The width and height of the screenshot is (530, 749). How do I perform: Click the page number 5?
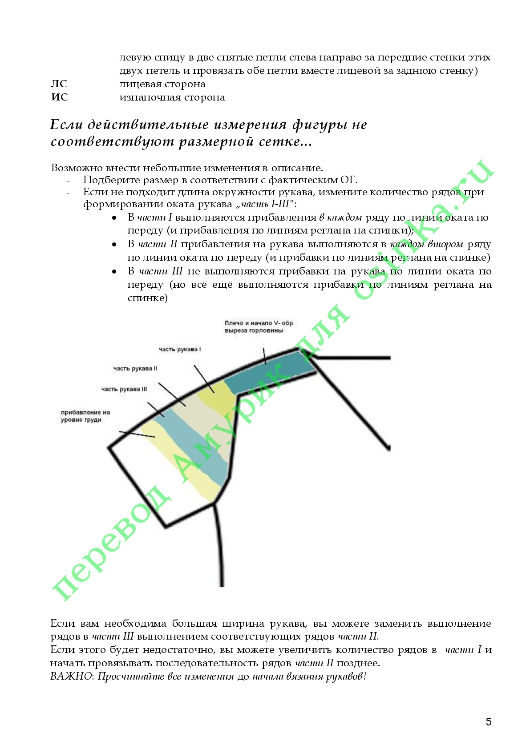tap(488, 721)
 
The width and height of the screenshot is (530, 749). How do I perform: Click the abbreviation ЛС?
tap(59, 84)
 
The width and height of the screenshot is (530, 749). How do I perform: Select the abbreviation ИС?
tap(60, 97)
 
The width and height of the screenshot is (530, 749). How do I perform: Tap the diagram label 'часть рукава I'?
tap(180, 349)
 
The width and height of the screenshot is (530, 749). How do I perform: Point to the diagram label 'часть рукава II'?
tap(135, 368)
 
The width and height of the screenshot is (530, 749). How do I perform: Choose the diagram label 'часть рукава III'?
tap(124, 389)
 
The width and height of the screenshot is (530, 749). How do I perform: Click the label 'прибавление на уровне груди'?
tap(85, 416)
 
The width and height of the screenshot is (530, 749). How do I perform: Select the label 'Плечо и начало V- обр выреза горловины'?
tap(259, 327)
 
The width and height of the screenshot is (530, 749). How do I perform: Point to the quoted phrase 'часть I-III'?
tap(266, 205)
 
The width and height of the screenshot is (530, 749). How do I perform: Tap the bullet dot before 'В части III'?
tap(114, 271)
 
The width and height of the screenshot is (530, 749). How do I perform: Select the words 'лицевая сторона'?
tap(162, 84)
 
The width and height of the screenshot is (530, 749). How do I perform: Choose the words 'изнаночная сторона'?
tap(172, 97)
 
